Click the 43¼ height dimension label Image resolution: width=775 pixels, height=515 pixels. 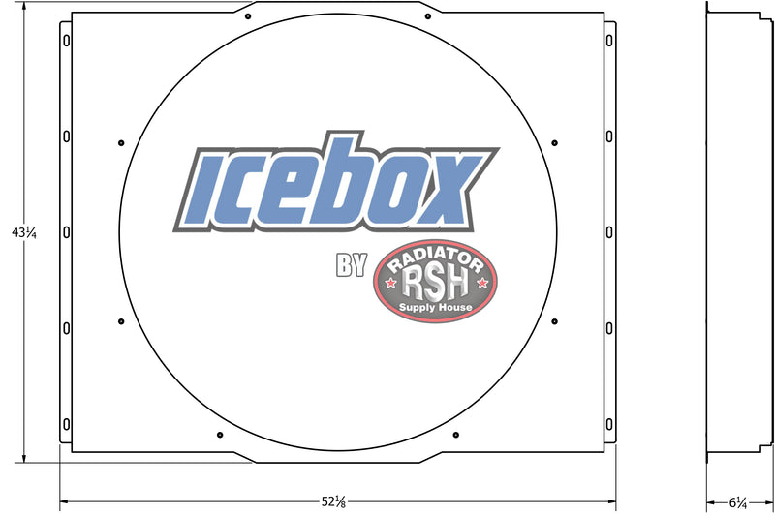pos(24,232)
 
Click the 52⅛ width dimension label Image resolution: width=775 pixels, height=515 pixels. pos(333,501)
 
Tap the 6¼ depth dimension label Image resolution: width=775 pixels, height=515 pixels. pos(738,502)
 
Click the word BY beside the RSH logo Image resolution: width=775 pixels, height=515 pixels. pos(352,264)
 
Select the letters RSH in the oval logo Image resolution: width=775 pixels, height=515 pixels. pos(435,285)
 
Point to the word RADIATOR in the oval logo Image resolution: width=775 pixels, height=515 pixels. pos(435,259)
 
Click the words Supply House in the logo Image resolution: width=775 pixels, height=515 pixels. pos(435,307)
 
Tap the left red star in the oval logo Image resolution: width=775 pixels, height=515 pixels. pos(391,283)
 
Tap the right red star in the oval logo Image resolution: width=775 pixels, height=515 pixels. pos(482,283)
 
